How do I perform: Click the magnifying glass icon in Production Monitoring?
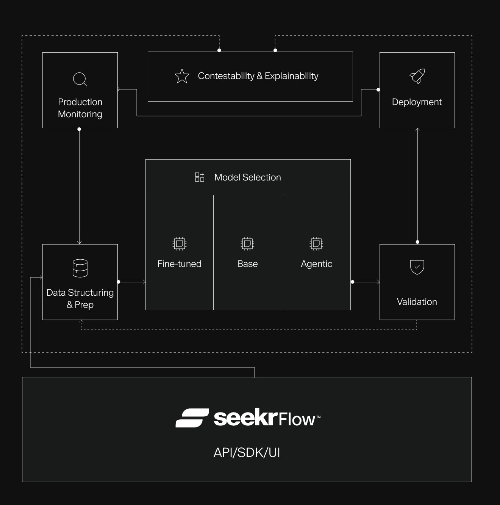pos(80,79)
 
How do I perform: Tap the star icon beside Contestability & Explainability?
pos(182,76)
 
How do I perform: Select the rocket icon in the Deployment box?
pos(417,76)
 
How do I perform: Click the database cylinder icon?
pos(80,268)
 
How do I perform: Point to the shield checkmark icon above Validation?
pos(417,267)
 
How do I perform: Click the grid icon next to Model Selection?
pos(199,177)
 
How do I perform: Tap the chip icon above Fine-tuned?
pos(179,244)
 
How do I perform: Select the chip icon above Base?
pos(247,244)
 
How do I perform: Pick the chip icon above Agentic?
pos(316,244)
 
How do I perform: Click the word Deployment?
pos(417,102)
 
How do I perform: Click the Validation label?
pos(417,302)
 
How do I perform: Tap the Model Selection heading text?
pos(247,177)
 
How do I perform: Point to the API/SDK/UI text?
pos(247,452)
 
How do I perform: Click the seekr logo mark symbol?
pos(192,418)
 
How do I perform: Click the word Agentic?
pos(316,264)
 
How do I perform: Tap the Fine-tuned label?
pos(179,264)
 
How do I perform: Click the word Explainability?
pos(291,76)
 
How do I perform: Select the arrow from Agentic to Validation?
pos(366,282)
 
